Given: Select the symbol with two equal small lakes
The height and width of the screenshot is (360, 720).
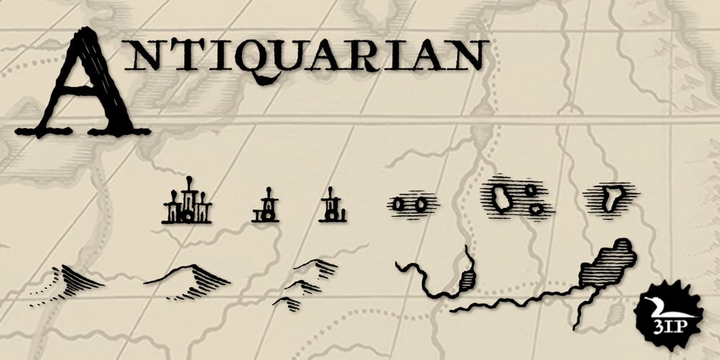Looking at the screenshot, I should [410, 204].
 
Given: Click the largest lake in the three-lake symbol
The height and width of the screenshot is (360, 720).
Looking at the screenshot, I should [501, 197].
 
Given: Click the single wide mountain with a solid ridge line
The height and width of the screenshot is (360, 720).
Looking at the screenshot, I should [187, 276].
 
